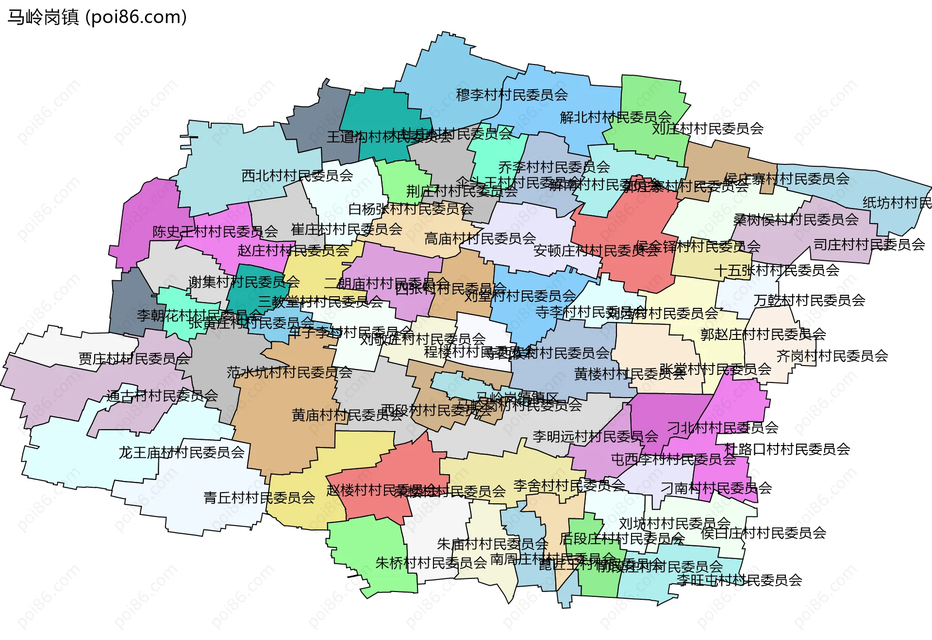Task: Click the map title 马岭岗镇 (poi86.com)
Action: tap(97, 17)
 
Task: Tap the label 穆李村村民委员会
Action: tap(512, 95)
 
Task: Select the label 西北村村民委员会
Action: tap(297, 176)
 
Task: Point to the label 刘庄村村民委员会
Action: tap(708, 129)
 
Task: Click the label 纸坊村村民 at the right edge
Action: tap(897, 203)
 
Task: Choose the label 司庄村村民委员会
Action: tap(869, 245)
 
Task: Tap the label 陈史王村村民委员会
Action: tap(215, 232)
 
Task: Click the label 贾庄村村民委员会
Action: tap(134, 359)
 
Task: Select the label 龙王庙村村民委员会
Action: tap(182, 453)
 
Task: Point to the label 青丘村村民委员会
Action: tap(259, 498)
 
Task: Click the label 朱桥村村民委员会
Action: tap(431, 563)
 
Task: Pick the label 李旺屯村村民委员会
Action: tap(739, 580)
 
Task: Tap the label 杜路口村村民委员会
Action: tap(787, 449)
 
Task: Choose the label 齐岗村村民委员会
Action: tap(832, 356)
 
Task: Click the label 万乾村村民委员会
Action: tap(809, 301)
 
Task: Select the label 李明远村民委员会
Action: tap(595, 437)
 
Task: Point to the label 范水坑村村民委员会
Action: tap(289, 372)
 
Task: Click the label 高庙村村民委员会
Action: tap(480, 239)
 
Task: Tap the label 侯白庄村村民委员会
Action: tap(763, 533)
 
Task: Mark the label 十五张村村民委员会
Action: tap(777, 271)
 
